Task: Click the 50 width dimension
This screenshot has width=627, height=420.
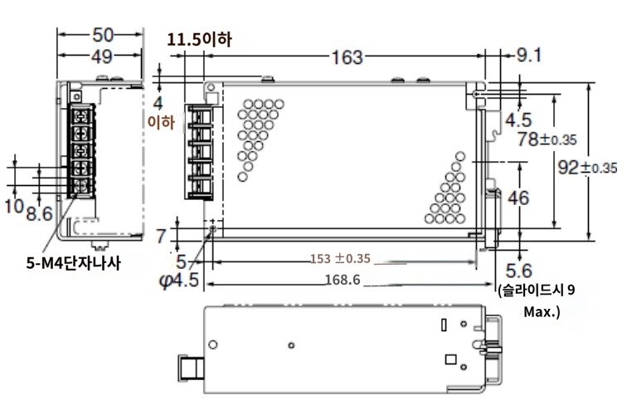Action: point(103,35)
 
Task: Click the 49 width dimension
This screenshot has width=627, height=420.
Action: point(102,56)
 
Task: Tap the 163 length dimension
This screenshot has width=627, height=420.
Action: point(347,57)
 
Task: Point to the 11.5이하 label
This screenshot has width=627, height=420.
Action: point(199,40)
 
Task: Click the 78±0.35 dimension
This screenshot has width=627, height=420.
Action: point(547,139)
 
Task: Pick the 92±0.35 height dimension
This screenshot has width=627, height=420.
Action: point(587,168)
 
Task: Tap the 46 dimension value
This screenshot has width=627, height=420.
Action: point(518,198)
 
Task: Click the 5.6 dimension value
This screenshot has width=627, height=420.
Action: point(519,271)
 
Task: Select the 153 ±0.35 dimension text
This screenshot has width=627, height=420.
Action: point(340,259)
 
